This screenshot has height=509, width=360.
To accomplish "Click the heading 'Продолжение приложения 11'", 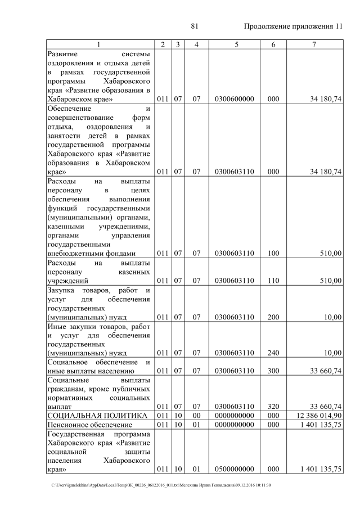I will pyautogui.click(x=293, y=26).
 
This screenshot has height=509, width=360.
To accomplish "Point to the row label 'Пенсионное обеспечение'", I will pyautogui.click(x=84, y=425).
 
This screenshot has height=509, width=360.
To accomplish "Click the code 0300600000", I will pyautogui.click(x=235, y=99).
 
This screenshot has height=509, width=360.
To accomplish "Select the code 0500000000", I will pyautogui.click(x=235, y=469).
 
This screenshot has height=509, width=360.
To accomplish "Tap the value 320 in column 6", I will pyautogui.click(x=274, y=406).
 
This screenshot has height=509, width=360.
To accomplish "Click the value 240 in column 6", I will pyautogui.click(x=274, y=353).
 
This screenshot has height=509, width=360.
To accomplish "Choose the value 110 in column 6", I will pyautogui.click(x=274, y=280).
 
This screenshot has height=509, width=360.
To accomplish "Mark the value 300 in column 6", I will pyautogui.click(x=274, y=371).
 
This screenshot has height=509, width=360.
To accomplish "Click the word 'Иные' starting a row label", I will pyautogui.click(x=57, y=326).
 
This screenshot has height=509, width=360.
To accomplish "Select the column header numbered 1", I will pyautogui.click(x=100, y=44).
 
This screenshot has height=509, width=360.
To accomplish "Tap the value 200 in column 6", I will pyautogui.click(x=274, y=317).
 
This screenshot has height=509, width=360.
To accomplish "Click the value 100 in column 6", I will pyautogui.click(x=274, y=253).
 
